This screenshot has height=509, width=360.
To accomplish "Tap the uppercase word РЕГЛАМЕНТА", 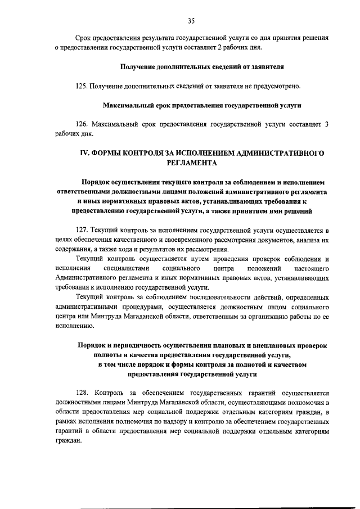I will tap(191, 163).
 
